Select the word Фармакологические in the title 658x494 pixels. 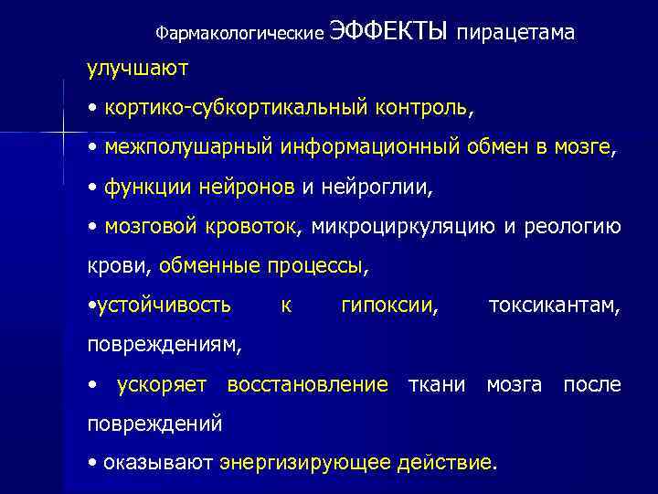coord(240,34)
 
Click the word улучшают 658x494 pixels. coord(138,68)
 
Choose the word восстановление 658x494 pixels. coord(307,385)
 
